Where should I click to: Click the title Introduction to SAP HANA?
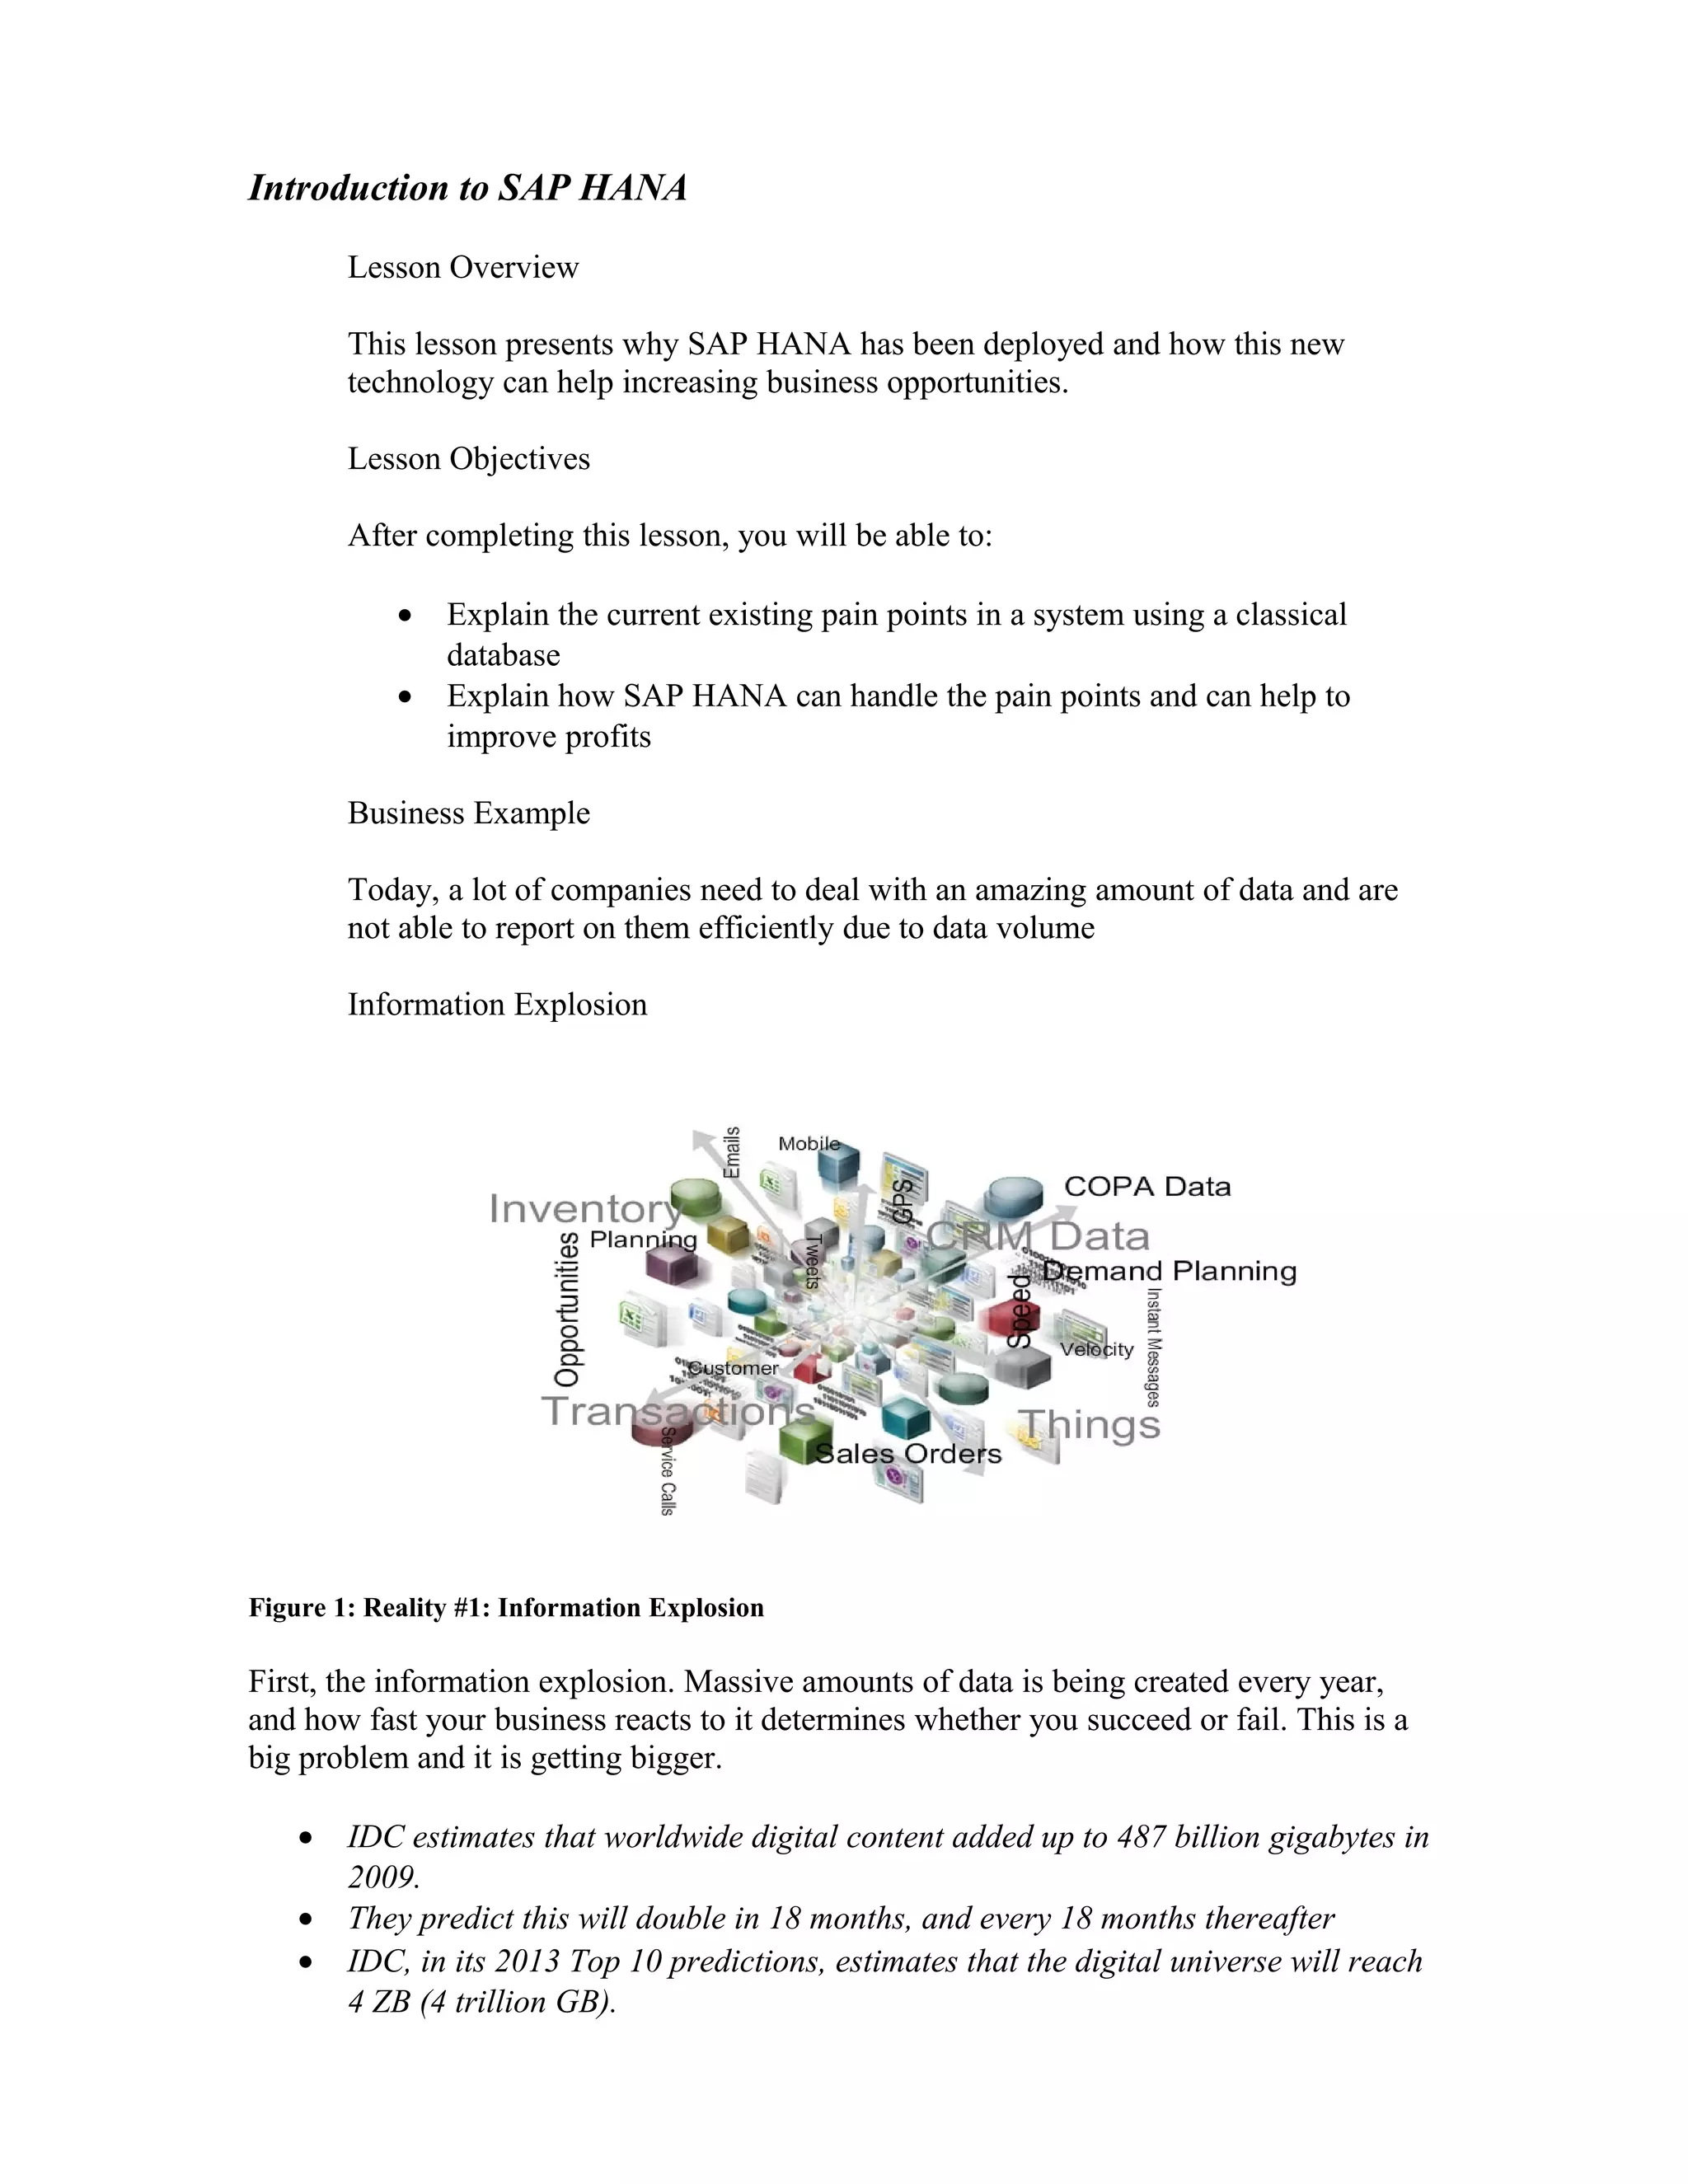467,188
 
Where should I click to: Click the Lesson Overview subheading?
463,267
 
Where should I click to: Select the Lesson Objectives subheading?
468,458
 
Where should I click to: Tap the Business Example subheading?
468,812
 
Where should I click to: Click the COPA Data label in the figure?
1147,1186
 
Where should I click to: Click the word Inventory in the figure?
585,1209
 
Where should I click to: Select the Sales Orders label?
908,1454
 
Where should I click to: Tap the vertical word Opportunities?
567,1310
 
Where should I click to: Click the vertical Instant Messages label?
1152,1347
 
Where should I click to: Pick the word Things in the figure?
1090,1424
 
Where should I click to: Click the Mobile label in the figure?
808,1143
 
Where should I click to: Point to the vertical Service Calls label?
668,1470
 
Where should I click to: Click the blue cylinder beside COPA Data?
1013,1197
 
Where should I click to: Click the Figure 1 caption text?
506,1607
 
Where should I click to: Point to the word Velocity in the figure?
1097,1349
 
